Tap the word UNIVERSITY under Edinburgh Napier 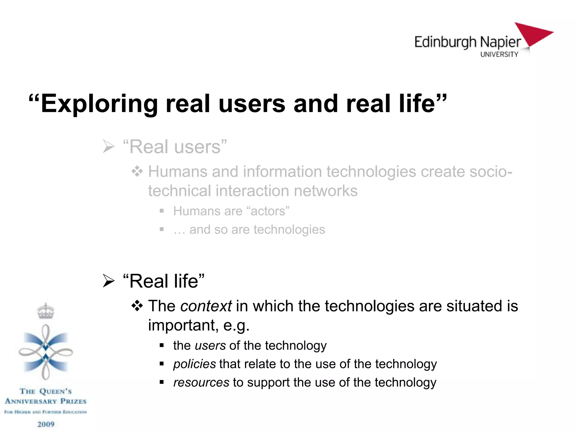(x=499, y=54)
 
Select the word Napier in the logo (x=500, y=42)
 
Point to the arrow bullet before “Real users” (x=109, y=147)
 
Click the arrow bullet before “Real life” (x=109, y=281)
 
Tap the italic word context (x=206, y=306)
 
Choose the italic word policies (x=194, y=364)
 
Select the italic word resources (x=201, y=382)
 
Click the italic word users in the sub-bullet (x=210, y=345)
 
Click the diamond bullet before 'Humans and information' (x=137, y=171)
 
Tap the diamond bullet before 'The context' (x=137, y=306)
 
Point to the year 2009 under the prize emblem (x=46, y=424)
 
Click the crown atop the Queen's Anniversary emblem (x=46, y=311)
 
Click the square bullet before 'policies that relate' (x=161, y=364)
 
